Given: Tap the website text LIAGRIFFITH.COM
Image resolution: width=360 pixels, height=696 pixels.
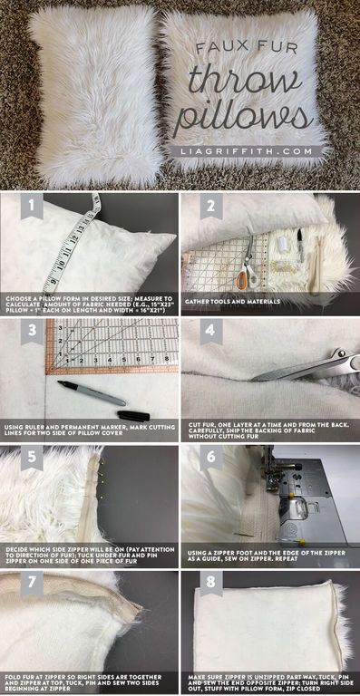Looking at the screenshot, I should click(x=252, y=150).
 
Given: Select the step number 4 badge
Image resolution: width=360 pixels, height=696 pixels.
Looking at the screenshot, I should click(x=210, y=331).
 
